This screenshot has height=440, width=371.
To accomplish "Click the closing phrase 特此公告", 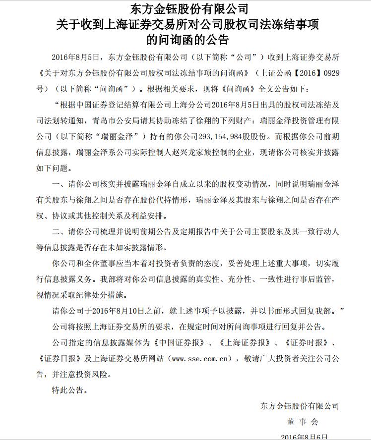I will (68, 389).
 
